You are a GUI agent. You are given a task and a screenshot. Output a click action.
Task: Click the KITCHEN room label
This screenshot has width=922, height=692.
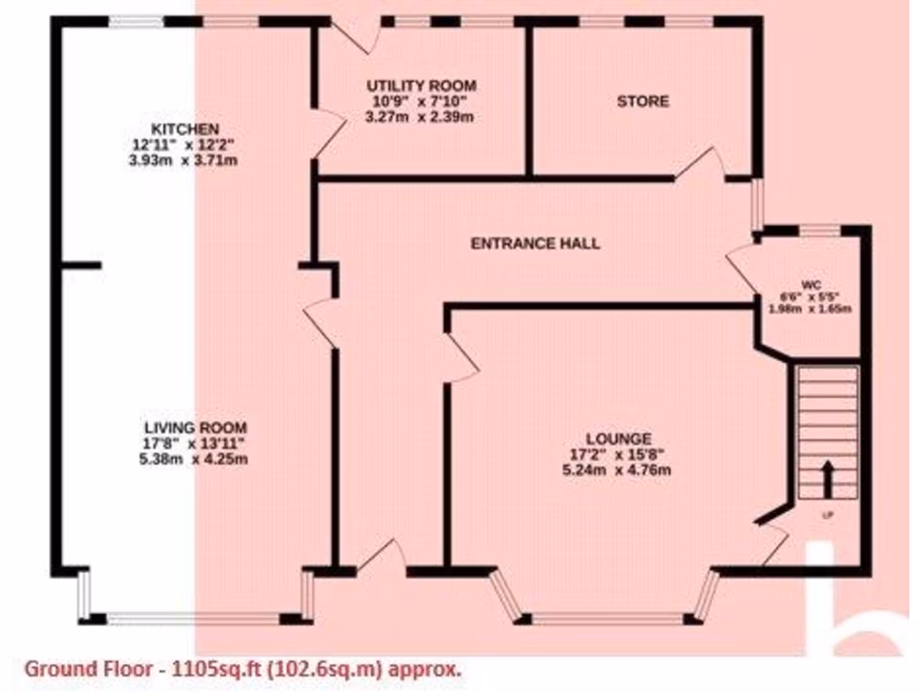pos(185,129)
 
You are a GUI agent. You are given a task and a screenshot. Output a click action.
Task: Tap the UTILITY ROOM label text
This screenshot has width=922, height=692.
pos(421,86)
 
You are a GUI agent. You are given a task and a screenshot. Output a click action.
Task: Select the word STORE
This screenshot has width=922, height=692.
pos(642,101)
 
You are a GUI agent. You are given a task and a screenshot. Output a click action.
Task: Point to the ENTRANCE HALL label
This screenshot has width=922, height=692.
pos(536,243)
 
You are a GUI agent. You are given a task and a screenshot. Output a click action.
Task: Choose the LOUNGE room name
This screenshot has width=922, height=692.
pos(617,439)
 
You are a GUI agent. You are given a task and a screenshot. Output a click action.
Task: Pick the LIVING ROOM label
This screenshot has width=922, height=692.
pos(195,427)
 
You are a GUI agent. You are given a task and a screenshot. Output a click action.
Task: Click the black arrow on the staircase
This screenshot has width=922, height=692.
pos(826,478)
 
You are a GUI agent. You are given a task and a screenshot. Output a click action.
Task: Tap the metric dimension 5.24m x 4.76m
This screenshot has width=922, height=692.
pos(617,469)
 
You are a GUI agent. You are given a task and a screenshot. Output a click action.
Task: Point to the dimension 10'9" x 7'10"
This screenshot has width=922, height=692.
pos(421,101)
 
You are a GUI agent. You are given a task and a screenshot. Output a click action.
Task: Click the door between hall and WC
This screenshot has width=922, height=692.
pos(745,267)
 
